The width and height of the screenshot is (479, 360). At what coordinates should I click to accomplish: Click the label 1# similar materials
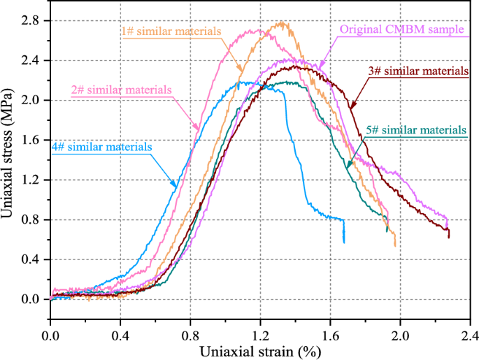(172, 31)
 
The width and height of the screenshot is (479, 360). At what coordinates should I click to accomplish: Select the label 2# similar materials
(122, 90)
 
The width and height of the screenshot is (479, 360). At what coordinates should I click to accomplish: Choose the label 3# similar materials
(418, 71)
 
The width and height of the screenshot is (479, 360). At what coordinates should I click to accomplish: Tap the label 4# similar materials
(101, 147)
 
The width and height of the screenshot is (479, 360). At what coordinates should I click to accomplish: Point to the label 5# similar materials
(416, 130)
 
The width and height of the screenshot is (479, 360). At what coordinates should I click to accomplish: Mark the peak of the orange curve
(283, 22)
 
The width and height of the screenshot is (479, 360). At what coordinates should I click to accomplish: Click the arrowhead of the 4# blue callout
(175, 187)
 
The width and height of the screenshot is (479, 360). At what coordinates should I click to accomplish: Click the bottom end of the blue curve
(343, 242)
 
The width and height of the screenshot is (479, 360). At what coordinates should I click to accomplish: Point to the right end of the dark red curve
(448, 237)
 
